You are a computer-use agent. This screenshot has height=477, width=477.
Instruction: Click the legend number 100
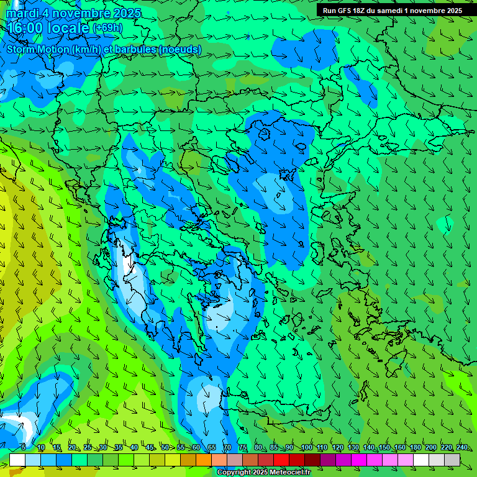[x=306, y=447]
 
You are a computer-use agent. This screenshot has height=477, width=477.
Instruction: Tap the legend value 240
[x=462, y=447]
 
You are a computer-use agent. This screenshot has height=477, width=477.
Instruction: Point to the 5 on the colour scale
[x=24, y=447]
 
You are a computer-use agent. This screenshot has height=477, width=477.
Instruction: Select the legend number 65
[x=211, y=447]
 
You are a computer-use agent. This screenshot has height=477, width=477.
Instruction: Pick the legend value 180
[x=414, y=447]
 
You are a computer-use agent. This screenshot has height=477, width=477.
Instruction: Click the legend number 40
[x=134, y=447]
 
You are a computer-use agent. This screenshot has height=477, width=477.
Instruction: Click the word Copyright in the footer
[x=234, y=473]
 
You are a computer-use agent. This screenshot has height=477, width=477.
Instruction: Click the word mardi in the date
[x=23, y=13]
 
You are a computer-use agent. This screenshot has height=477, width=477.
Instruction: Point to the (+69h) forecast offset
[x=107, y=28]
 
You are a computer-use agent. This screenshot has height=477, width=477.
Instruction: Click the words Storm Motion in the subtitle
[x=37, y=49]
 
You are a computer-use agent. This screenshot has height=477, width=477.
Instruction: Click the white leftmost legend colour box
[x=17, y=460]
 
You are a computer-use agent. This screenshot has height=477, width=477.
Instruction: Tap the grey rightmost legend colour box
[x=452, y=460]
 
